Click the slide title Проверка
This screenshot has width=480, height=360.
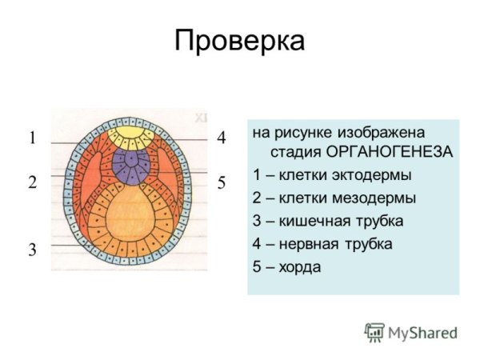click(240, 41)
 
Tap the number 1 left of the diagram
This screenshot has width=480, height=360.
click(33, 138)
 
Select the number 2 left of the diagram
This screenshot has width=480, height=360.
click(33, 182)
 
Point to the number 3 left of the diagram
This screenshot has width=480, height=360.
click(33, 250)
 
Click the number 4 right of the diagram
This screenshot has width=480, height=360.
click(222, 138)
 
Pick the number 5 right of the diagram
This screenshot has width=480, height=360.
click(222, 182)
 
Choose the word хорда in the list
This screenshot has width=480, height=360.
click(299, 266)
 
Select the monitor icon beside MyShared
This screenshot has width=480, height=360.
click(374, 331)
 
